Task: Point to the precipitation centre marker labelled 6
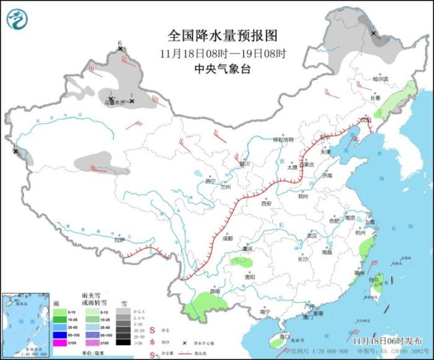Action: click(x=120, y=48)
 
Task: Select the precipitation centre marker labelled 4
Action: click(x=132, y=101)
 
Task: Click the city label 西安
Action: click(x=267, y=203)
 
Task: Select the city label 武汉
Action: click(x=311, y=236)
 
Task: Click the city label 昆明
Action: click(x=214, y=290)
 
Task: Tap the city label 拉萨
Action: click(x=119, y=240)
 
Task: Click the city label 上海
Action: click(x=370, y=221)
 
